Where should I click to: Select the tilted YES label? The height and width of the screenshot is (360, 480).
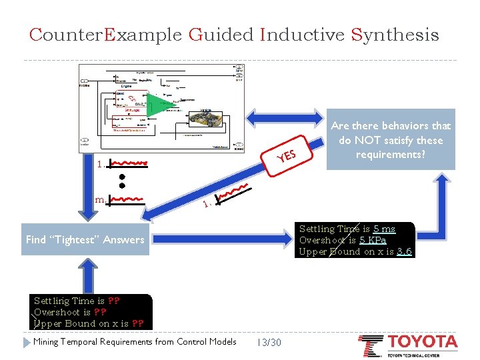point(287,155)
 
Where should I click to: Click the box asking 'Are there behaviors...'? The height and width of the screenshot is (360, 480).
point(391,140)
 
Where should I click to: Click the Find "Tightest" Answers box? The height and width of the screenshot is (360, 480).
point(85,239)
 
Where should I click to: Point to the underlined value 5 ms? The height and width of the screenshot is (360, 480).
point(384,229)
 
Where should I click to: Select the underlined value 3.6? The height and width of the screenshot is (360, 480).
point(404,251)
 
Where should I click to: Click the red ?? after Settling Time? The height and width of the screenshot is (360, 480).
point(113,301)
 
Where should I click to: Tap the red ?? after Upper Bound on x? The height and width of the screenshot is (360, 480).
point(138,323)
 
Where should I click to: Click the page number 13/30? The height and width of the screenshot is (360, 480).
point(269,342)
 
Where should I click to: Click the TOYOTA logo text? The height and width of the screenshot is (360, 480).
point(423,343)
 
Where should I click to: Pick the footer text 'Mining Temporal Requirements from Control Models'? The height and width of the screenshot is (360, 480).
point(135,342)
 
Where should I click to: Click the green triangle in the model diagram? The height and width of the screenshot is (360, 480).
point(157,105)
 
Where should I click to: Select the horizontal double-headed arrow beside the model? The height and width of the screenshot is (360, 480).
point(287,117)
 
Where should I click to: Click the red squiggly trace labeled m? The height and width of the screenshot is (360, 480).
point(127,198)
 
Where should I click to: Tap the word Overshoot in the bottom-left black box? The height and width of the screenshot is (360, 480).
point(57,312)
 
